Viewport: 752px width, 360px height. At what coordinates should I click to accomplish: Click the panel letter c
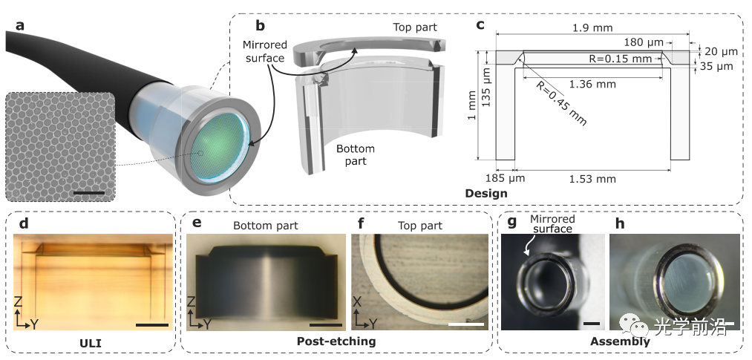[480, 25]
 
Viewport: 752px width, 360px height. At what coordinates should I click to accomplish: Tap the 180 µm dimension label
[639, 44]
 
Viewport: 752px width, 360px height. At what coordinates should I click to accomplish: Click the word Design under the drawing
[485, 194]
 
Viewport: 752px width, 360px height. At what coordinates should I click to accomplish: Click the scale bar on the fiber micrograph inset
[89, 194]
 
